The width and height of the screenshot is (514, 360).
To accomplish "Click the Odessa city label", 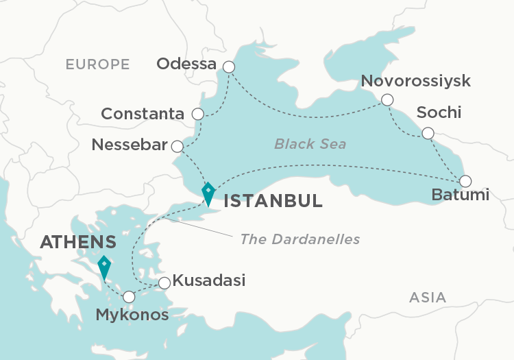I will point(186,64).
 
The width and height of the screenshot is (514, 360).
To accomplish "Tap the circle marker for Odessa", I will point(229,67).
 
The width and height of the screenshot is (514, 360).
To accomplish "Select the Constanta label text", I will point(143,114).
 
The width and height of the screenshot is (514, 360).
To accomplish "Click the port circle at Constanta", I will point(198,114).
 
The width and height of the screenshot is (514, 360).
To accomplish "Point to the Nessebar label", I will point(130,145).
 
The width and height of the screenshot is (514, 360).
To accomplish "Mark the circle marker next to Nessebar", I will point(177,146).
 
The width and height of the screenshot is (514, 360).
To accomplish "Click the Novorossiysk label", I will point(416,82).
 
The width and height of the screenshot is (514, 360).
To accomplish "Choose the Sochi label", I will point(439,112).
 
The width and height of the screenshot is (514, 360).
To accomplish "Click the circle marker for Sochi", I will point(428,133).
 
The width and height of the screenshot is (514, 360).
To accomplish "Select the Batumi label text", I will point(461,195).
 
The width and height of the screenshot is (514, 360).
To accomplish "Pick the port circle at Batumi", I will point(465,181).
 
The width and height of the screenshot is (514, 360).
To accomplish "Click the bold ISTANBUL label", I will point(273,201).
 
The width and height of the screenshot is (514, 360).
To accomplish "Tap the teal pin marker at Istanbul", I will point(208,192).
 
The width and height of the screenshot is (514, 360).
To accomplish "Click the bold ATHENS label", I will point(77,242).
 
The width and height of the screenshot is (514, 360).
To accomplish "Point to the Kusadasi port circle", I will point(164,283).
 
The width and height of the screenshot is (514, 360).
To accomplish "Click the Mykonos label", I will point(131,315).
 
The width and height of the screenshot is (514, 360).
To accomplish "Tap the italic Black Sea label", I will point(310,144).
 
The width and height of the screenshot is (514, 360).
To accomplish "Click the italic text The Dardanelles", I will point(299,239).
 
